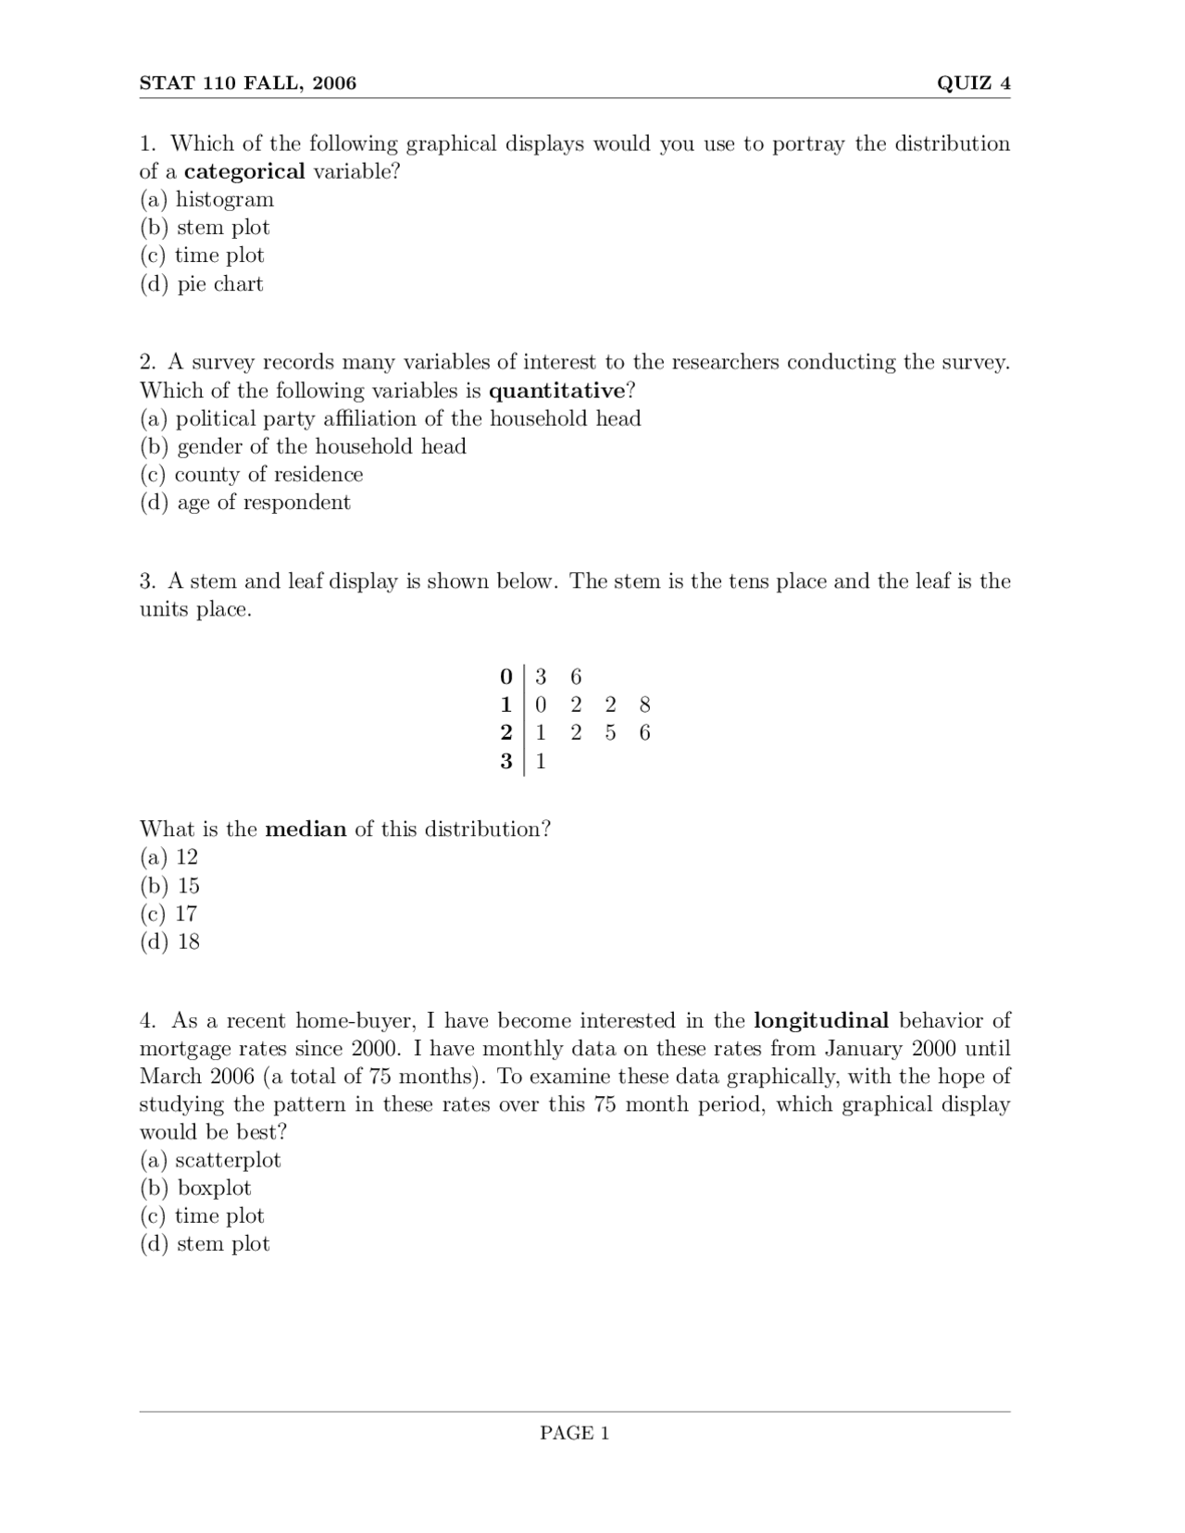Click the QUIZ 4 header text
pyautogui.click(x=973, y=83)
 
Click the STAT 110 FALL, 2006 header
pyautogui.click(x=247, y=83)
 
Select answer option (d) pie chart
pyautogui.click(x=202, y=284)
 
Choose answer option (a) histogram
pyautogui.click(x=206, y=200)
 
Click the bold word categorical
pyautogui.click(x=244, y=171)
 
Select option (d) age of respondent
pyautogui.click(x=245, y=503)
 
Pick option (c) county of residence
pyautogui.click(x=251, y=475)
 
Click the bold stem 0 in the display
pyautogui.click(x=505, y=677)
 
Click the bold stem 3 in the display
pyautogui.click(x=505, y=761)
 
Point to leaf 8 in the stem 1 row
pyautogui.click(x=645, y=704)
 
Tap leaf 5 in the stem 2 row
pyautogui.click(x=610, y=733)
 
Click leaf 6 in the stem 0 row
pyautogui.click(x=576, y=677)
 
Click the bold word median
pyautogui.click(x=306, y=829)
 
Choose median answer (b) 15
pyautogui.click(x=169, y=886)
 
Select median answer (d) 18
pyautogui.click(x=169, y=942)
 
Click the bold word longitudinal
pyautogui.click(x=821, y=1021)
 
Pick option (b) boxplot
pyautogui.click(x=195, y=1189)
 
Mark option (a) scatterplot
pyautogui.click(x=210, y=1161)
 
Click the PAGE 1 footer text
pyautogui.click(x=574, y=1433)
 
